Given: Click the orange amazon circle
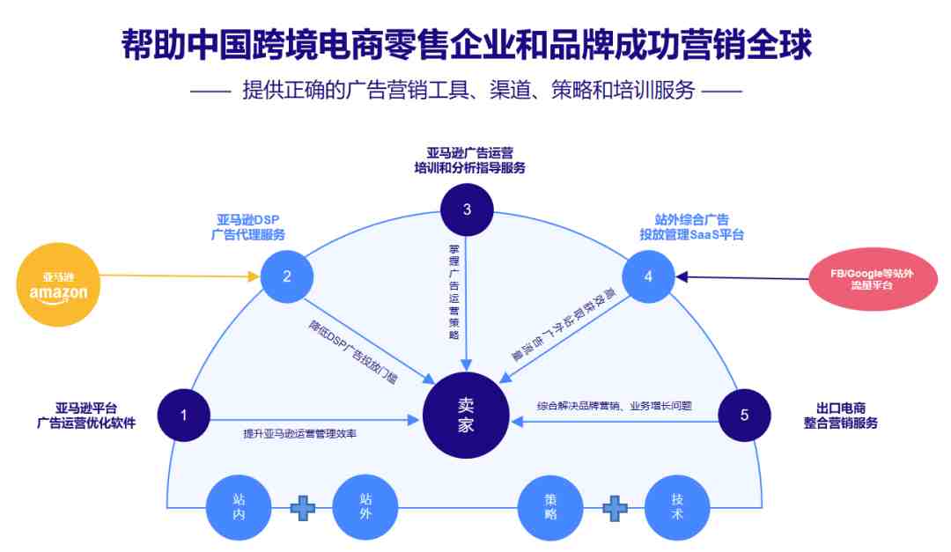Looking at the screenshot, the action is click(x=58, y=284).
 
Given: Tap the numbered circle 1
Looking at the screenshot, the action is click(x=184, y=416).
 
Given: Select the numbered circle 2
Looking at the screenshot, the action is click(x=287, y=276).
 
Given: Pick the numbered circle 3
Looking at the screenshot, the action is click(x=467, y=210).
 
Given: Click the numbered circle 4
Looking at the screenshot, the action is click(x=648, y=276).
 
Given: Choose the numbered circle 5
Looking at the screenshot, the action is click(x=745, y=416).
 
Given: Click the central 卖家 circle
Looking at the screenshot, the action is click(x=466, y=416).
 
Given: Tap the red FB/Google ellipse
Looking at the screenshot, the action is click(x=873, y=279).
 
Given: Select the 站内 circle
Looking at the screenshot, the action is click(x=239, y=507).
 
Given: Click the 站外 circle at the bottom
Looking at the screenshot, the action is click(x=365, y=507).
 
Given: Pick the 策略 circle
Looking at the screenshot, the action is click(x=550, y=507).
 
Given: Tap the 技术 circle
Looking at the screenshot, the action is click(x=677, y=507).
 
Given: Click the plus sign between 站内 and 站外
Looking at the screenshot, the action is click(x=303, y=508).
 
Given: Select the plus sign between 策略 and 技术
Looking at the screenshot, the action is click(x=615, y=508).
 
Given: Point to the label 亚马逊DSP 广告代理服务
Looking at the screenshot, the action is click(x=248, y=227).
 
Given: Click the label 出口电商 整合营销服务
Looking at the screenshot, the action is click(x=841, y=416).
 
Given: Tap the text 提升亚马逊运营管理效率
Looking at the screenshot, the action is click(x=299, y=434).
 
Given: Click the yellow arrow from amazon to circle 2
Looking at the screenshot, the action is click(x=181, y=276).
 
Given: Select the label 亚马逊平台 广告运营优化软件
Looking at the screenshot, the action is click(x=86, y=416).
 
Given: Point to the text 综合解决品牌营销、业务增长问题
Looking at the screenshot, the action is click(x=615, y=406).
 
